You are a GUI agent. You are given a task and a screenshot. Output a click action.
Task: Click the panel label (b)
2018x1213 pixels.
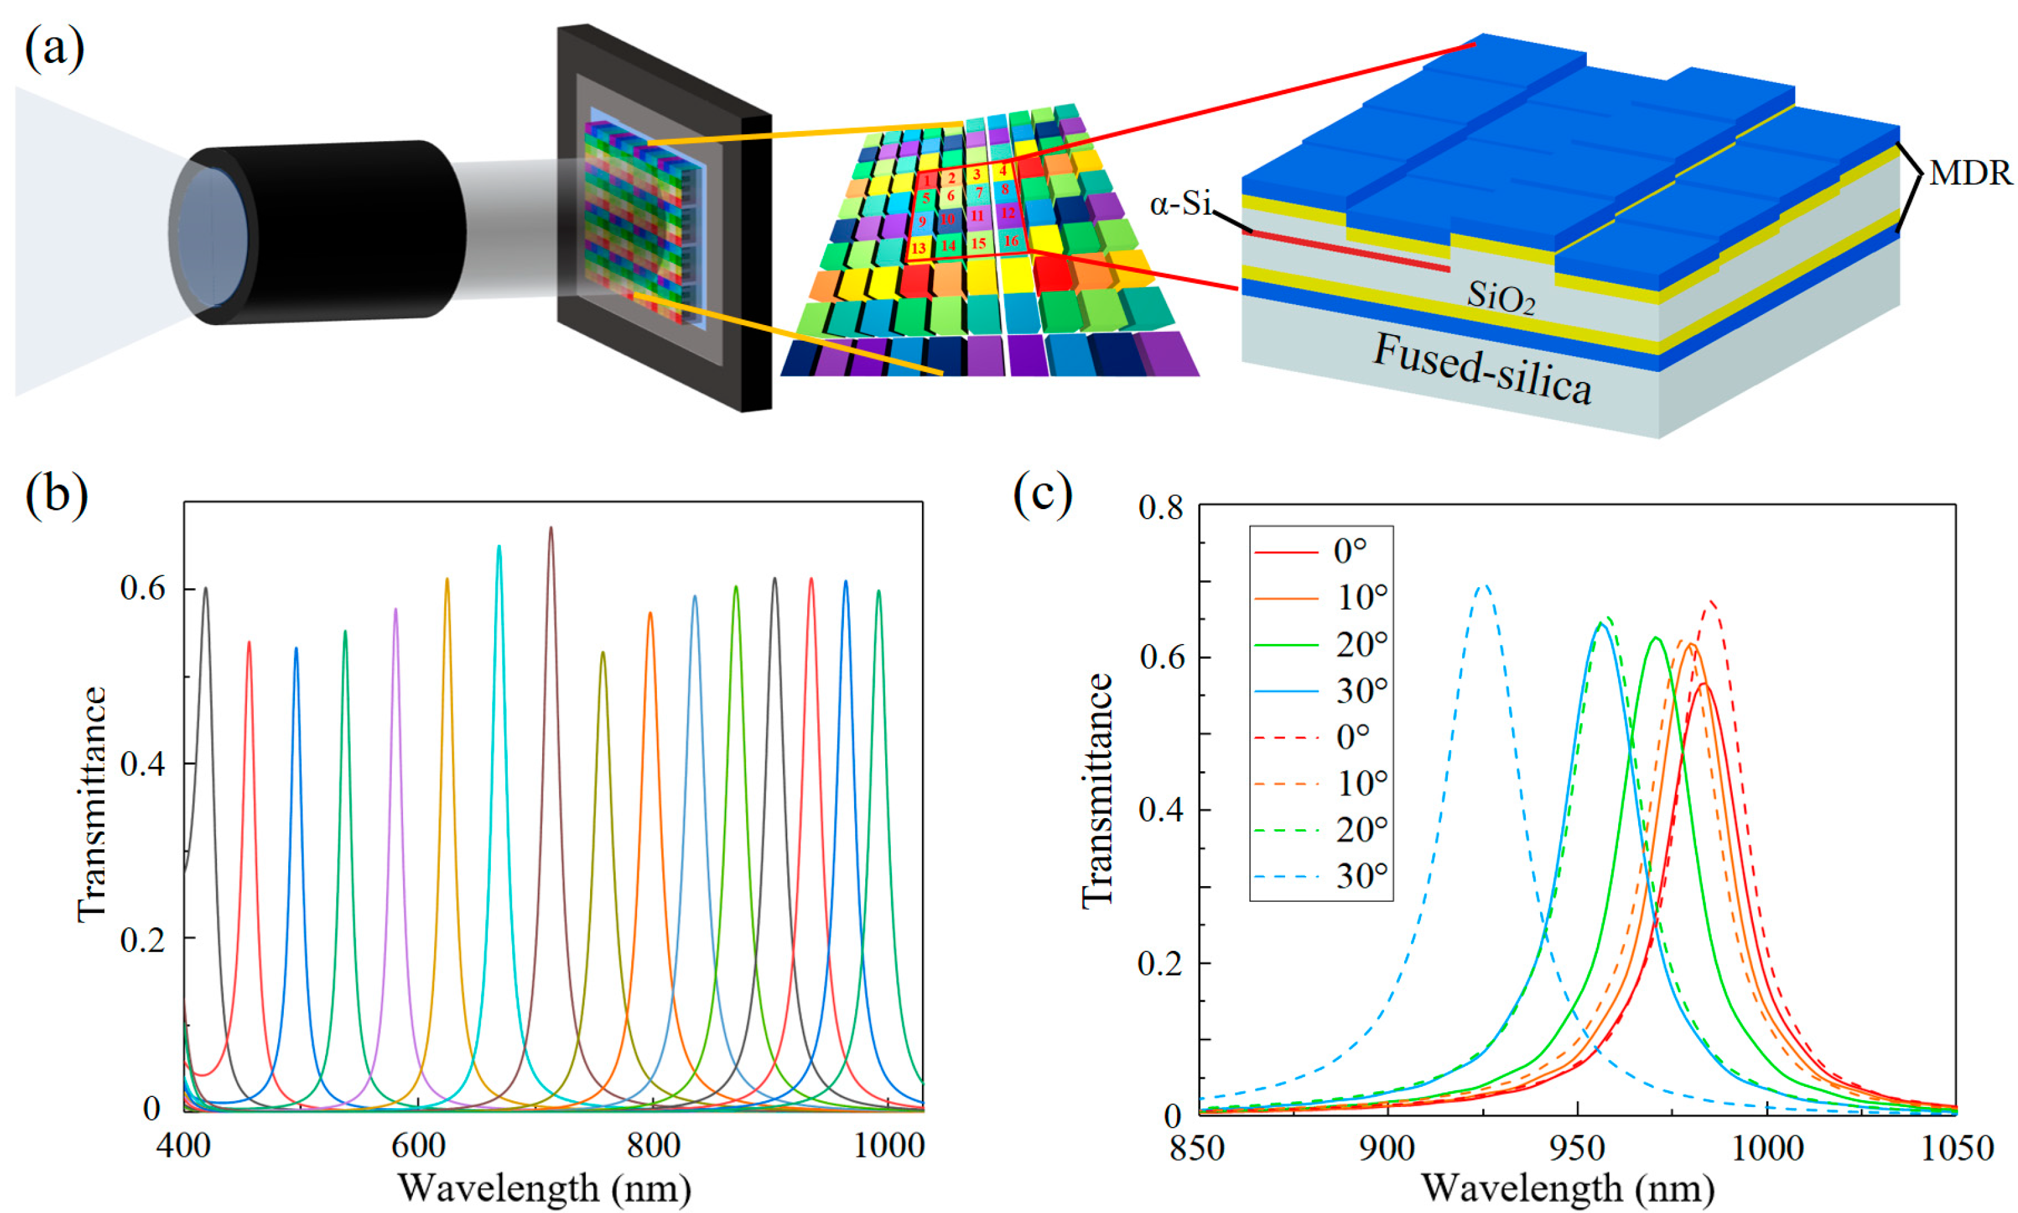[56, 495]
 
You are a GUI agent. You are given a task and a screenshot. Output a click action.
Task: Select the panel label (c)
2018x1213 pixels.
[1042, 495]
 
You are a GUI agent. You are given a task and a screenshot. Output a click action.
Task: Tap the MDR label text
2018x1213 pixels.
[1970, 173]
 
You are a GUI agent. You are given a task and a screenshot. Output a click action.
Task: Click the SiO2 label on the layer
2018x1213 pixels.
[1500, 297]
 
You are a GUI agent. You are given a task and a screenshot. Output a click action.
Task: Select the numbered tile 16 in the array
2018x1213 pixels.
[1011, 240]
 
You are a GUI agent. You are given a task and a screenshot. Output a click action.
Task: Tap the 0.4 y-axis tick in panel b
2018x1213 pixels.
[145, 764]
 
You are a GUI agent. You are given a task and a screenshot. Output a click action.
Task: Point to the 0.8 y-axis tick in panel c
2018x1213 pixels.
[1160, 509]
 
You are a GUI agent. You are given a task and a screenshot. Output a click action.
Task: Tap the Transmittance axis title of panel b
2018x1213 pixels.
[92, 804]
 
